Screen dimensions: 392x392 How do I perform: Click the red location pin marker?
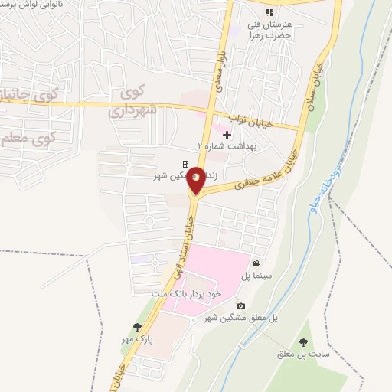coord(196,180)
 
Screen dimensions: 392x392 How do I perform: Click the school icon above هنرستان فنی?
coord(269,11)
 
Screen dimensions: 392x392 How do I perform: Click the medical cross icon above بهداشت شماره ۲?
coord(227,135)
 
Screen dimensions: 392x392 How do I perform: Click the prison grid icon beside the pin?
coord(185,164)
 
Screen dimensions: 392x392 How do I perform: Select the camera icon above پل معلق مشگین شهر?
coord(241,306)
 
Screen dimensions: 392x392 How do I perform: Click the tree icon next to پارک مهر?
coord(138,327)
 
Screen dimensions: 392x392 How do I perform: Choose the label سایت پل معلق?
coord(305,355)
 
